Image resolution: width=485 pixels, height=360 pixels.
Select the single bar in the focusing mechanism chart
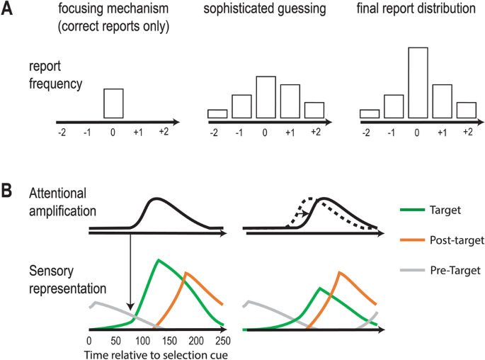[113, 103]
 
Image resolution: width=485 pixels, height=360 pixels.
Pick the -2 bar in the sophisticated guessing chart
[217, 113]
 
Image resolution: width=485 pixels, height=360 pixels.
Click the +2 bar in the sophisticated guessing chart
[314, 110]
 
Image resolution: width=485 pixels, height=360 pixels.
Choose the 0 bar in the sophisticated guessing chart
[266, 97]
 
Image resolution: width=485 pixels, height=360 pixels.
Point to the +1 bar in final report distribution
[442, 101]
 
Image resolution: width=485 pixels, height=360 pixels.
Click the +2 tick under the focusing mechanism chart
[164, 133]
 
